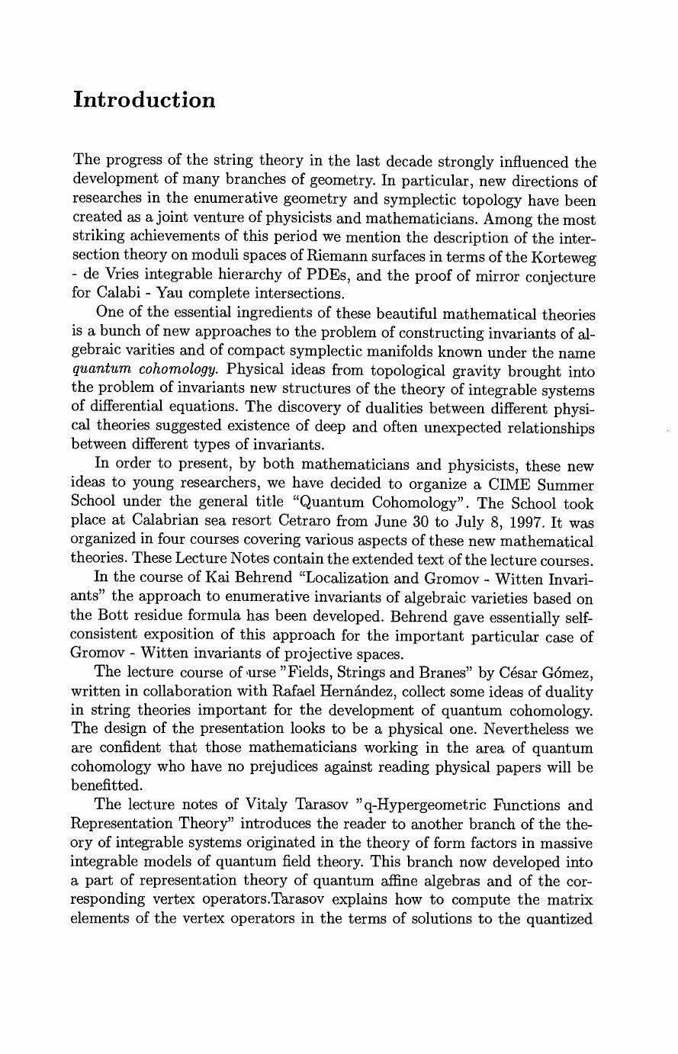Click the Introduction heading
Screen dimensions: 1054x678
coord(144,101)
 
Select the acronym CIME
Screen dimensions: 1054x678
coord(504,485)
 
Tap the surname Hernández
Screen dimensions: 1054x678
coord(313,691)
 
